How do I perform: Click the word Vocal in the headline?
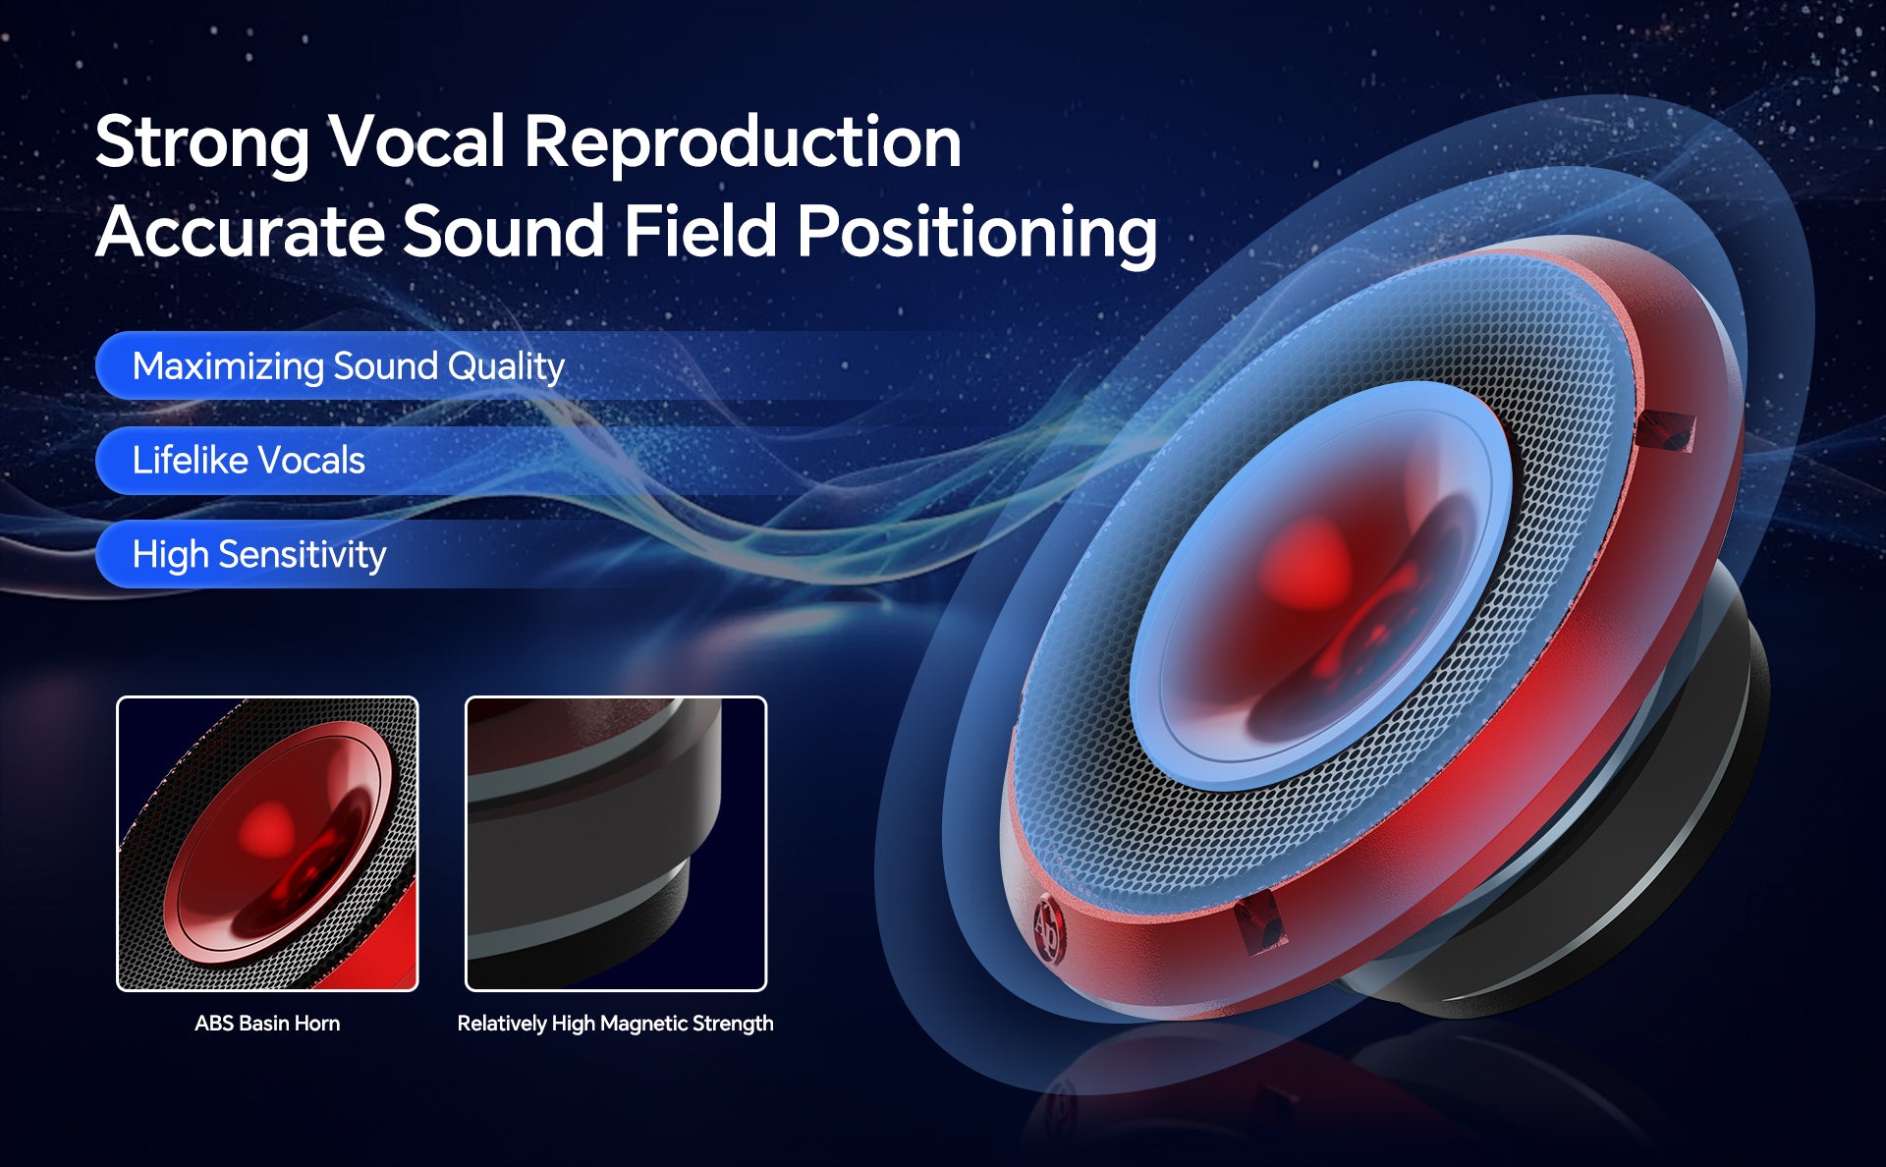pyautogui.click(x=416, y=141)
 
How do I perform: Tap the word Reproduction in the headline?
pyautogui.click(x=743, y=143)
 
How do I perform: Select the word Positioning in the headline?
pyautogui.click(x=977, y=234)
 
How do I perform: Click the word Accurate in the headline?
pyautogui.click(x=240, y=232)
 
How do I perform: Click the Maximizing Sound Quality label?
pyautogui.click(x=348, y=366)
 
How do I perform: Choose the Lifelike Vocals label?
pyautogui.click(x=249, y=460)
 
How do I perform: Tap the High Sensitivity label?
pyautogui.click(x=259, y=555)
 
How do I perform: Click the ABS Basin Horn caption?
pyautogui.click(x=267, y=1024)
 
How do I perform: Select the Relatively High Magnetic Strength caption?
pyautogui.click(x=615, y=1024)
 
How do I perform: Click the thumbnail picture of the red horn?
pyautogui.click(x=267, y=844)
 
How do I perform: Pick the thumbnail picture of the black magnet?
pyautogui.click(x=616, y=844)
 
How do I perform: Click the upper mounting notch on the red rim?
pyautogui.click(x=1665, y=430)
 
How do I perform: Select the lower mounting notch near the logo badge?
pyautogui.click(x=1260, y=922)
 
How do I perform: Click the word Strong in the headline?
pyautogui.click(x=202, y=143)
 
